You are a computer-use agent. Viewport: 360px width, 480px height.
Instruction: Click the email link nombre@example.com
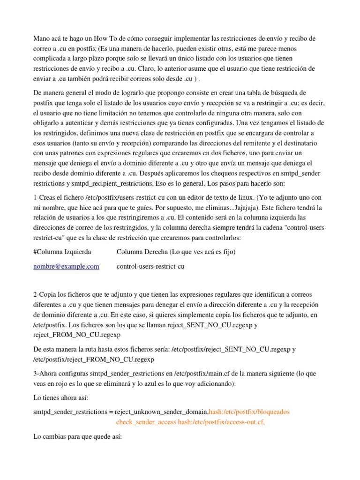(x=66, y=266)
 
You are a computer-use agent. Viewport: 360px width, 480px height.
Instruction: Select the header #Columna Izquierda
(x=62, y=252)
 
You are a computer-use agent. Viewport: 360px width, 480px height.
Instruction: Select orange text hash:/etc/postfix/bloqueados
(x=249, y=412)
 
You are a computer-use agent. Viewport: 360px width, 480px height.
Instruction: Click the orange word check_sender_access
(x=146, y=422)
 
